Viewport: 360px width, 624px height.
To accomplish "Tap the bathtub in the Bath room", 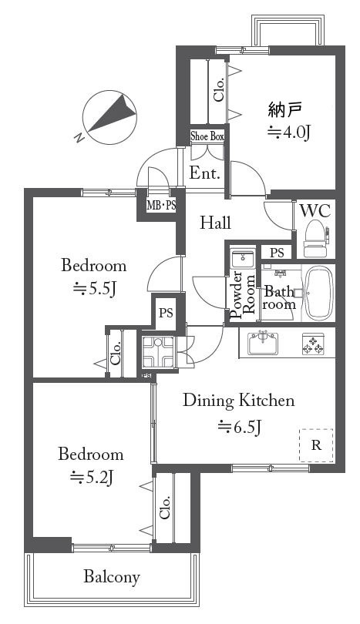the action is [x=318, y=294].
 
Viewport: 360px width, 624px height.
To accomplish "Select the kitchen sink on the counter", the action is [x=263, y=343].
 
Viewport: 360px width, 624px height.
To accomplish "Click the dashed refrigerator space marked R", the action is [x=316, y=445].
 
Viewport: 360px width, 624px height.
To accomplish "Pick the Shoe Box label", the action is [x=207, y=136].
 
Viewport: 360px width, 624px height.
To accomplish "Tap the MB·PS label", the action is [x=161, y=206].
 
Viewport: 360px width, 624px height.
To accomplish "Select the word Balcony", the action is [x=112, y=577].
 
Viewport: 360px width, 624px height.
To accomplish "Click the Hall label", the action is [x=215, y=223].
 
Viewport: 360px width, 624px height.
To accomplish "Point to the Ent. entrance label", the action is [x=205, y=173].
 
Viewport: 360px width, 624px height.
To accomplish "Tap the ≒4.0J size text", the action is [x=288, y=133].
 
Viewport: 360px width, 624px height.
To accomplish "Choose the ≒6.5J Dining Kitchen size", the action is [x=239, y=427].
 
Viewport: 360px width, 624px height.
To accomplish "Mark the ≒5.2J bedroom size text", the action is [x=92, y=476].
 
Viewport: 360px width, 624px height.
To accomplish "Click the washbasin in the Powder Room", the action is [x=243, y=259].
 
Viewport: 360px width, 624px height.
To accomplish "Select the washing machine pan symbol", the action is [x=158, y=352].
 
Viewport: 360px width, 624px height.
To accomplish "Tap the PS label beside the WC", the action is [x=278, y=253].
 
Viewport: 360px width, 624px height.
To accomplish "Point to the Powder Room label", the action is [x=243, y=295].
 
